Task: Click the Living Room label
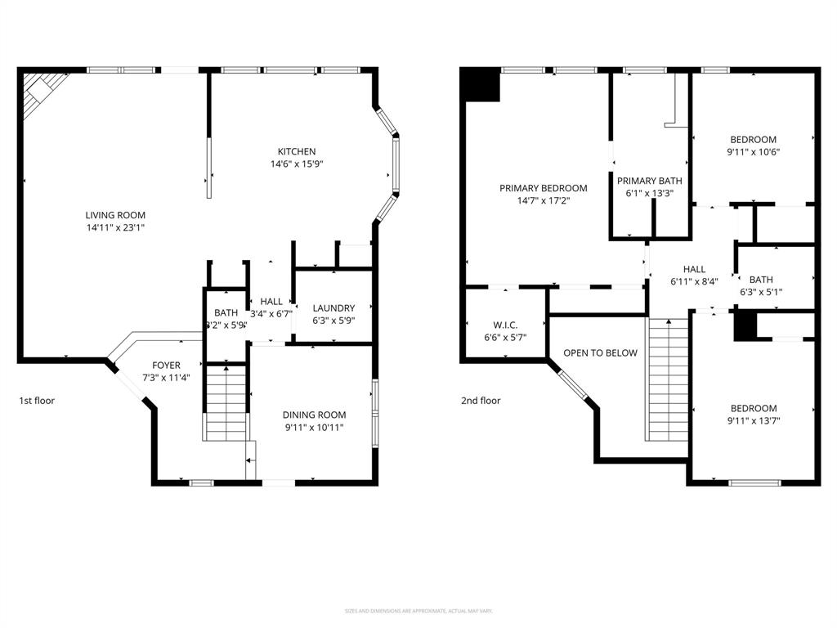pyautogui.click(x=114, y=215)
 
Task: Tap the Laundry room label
pyautogui.click(x=333, y=308)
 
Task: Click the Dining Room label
pyautogui.click(x=314, y=415)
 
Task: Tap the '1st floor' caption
pyautogui.click(x=37, y=401)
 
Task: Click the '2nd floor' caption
pyautogui.click(x=480, y=401)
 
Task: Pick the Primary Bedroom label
pyautogui.click(x=543, y=188)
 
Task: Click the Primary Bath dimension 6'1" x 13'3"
pyautogui.click(x=649, y=194)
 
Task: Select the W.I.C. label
pyautogui.click(x=505, y=325)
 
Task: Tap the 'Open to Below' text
pyautogui.click(x=600, y=353)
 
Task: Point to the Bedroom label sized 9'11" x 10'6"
pyautogui.click(x=752, y=140)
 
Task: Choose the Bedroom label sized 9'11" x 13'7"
pyautogui.click(x=752, y=409)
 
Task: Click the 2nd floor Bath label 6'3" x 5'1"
pyautogui.click(x=760, y=280)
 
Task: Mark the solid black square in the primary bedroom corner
pyautogui.click(x=481, y=85)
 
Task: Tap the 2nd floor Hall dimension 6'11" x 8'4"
pyautogui.click(x=694, y=282)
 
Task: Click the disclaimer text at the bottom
pyautogui.click(x=418, y=611)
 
